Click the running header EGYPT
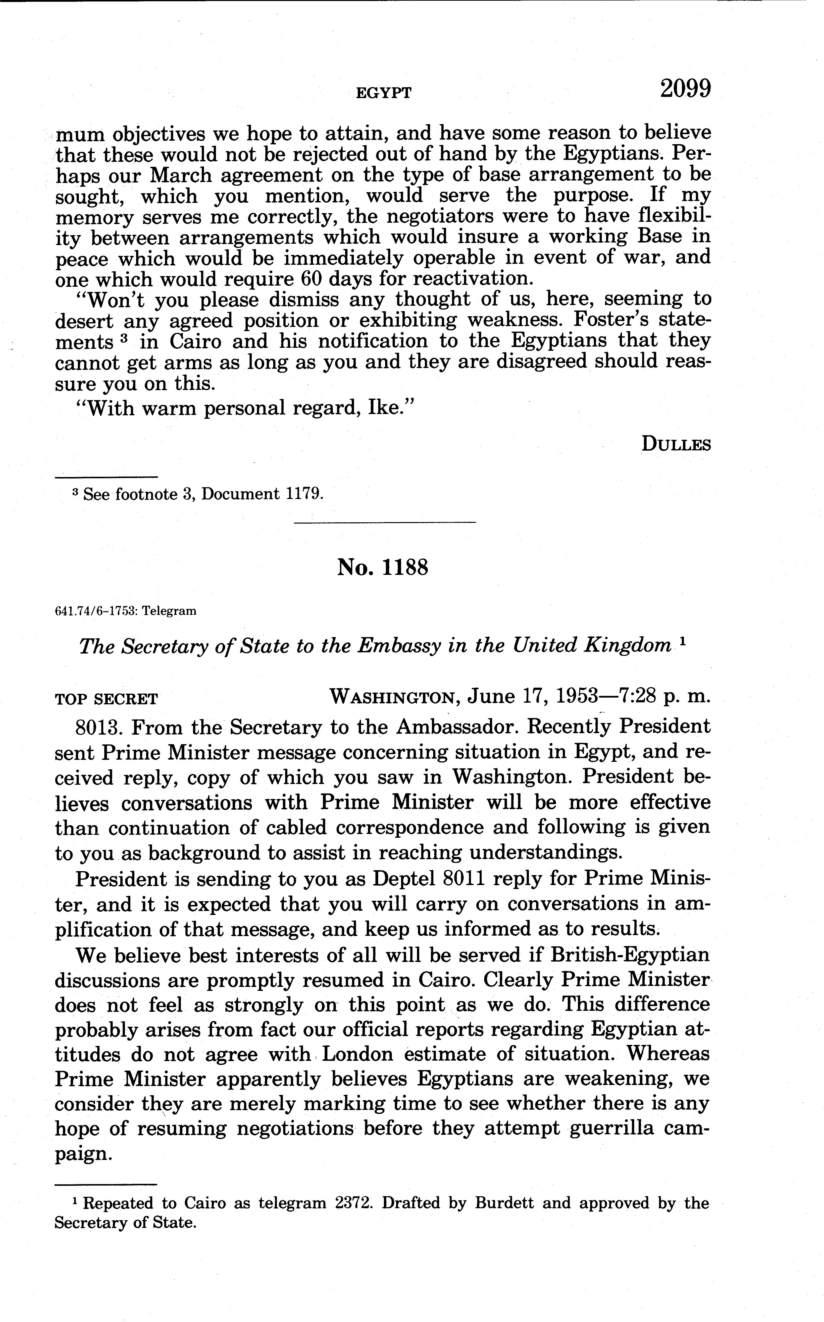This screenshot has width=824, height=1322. [x=383, y=93]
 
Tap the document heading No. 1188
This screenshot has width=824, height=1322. [x=383, y=568]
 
